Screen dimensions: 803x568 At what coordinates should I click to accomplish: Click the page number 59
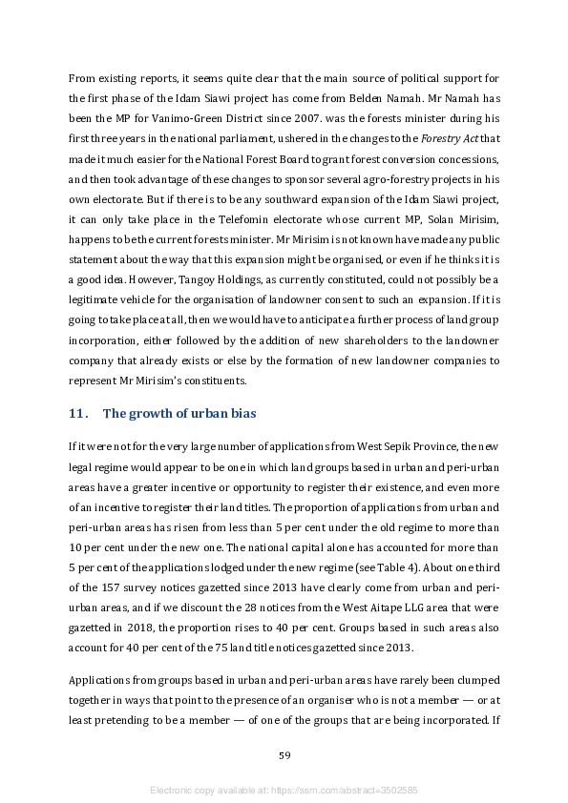tap(284, 755)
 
